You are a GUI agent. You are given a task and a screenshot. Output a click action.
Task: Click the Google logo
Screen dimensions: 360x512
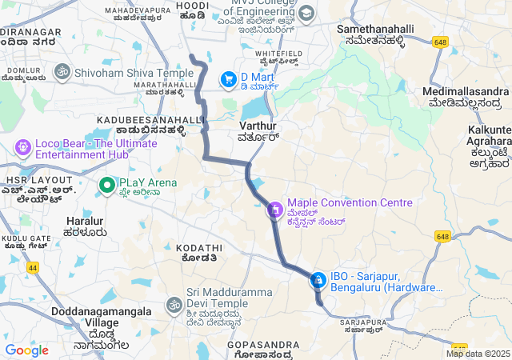tap(26, 350)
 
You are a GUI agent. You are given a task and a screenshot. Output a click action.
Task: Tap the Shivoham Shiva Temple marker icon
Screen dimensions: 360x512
tap(61, 72)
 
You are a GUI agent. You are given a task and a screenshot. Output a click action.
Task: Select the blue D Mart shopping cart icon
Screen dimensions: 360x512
tap(229, 78)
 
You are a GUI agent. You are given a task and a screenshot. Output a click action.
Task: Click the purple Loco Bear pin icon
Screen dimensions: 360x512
tap(22, 148)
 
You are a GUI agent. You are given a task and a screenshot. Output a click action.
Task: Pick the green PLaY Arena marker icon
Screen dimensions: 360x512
tap(106, 186)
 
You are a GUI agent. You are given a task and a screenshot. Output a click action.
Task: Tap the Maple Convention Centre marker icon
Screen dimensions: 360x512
tap(274, 210)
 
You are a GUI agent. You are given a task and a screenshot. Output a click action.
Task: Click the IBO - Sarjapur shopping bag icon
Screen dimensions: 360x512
tap(318, 279)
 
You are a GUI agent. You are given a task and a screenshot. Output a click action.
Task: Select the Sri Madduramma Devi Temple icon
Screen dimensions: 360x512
tap(174, 305)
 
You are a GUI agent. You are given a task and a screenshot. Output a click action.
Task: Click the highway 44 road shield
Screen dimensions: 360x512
tap(33, 267)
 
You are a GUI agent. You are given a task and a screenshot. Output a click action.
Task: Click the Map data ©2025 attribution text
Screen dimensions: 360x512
tap(478, 354)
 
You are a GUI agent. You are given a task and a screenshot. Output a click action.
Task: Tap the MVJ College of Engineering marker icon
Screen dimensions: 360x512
tap(306, 14)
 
